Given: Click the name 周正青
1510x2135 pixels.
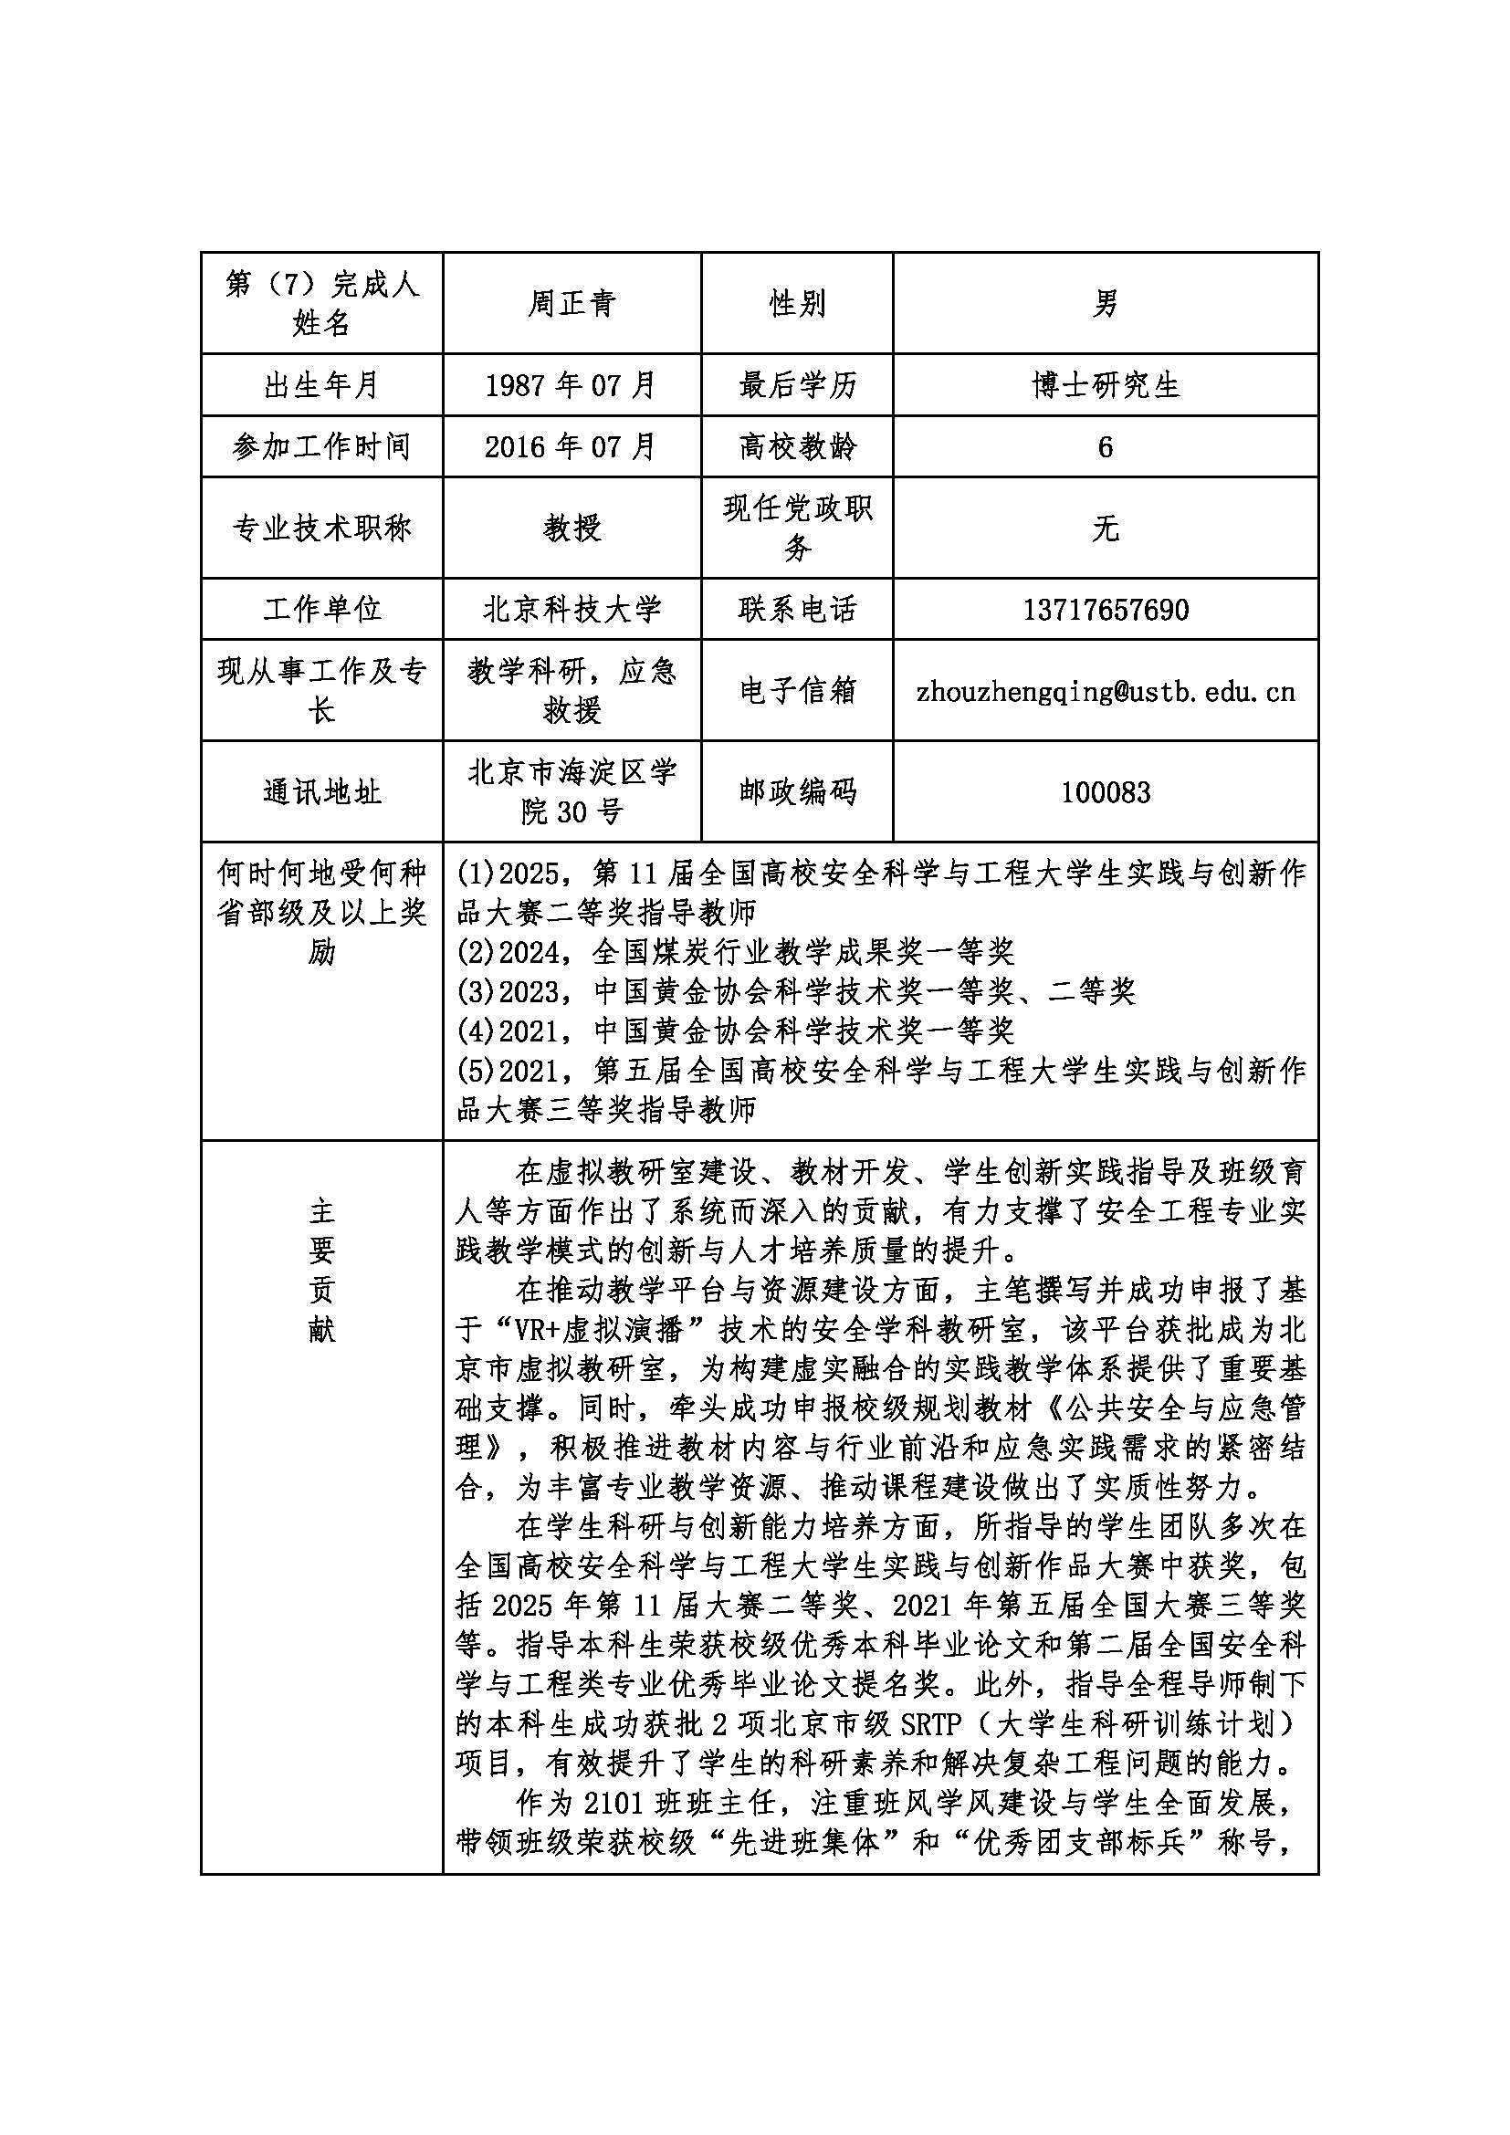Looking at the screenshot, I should coord(571,303).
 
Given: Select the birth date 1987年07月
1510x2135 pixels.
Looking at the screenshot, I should coord(571,385).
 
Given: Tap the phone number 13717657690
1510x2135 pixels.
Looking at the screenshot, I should coord(1106,610).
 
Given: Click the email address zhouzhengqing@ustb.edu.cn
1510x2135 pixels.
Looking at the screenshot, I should coord(1106,691).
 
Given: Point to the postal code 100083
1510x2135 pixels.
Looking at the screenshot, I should coord(1106,792).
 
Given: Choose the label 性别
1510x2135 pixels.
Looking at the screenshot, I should coord(797,303).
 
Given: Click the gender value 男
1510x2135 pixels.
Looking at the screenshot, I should coord(1106,303).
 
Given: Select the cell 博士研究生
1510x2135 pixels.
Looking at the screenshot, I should coord(1106,385).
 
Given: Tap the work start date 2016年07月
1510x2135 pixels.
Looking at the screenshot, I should coord(571,447).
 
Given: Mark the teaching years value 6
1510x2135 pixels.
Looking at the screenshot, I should coord(1106,447).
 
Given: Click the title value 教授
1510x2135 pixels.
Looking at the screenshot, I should coord(571,529).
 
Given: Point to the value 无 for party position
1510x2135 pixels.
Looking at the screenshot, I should coord(1106,529).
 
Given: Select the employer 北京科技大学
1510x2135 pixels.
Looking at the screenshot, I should coord(571,610).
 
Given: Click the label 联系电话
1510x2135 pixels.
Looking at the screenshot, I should coord(797,610).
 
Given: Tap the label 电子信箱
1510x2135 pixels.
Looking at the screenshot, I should coord(797,691).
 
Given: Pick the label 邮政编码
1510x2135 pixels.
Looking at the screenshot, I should coord(797,792).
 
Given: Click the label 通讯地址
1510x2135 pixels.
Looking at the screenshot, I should coord(321,792).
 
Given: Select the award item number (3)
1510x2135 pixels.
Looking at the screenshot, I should coord(476,992).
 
